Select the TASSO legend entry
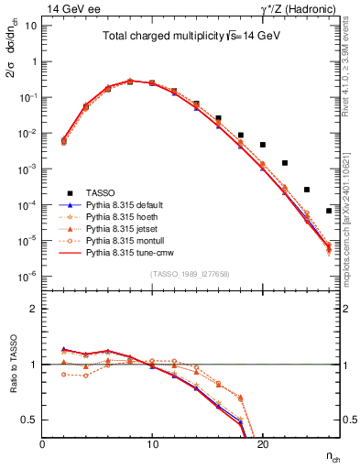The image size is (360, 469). (x=98, y=193)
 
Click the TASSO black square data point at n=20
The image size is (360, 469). (x=263, y=145)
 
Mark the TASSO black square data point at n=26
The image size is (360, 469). (x=329, y=211)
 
